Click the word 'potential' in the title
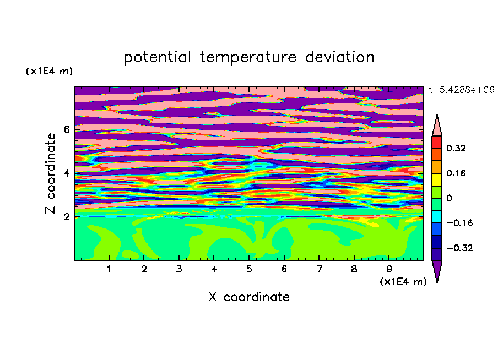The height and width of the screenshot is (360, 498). point(157,58)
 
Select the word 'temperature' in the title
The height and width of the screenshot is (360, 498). point(248,58)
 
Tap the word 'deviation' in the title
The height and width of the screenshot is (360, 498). point(340,57)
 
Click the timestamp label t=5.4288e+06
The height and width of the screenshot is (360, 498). point(461,90)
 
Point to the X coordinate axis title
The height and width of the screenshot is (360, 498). point(249,297)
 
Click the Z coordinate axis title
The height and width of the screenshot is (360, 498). point(50,173)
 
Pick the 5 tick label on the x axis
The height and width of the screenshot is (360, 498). point(249,269)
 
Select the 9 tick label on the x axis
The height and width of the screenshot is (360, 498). point(389,269)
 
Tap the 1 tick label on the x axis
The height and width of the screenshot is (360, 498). point(109,269)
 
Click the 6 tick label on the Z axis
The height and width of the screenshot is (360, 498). point(66,129)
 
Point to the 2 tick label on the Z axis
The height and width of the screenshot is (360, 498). point(66,217)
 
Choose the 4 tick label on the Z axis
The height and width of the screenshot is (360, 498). point(66,173)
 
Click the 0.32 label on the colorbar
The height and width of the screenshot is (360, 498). point(456,148)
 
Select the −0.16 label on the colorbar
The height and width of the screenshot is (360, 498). point(459,223)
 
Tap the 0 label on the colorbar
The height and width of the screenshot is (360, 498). point(449,198)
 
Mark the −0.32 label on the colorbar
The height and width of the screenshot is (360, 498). point(459,248)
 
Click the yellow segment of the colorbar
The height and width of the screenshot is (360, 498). point(437,179)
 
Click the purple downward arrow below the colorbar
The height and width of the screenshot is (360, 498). point(437,270)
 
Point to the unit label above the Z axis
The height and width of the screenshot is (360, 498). point(49,71)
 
